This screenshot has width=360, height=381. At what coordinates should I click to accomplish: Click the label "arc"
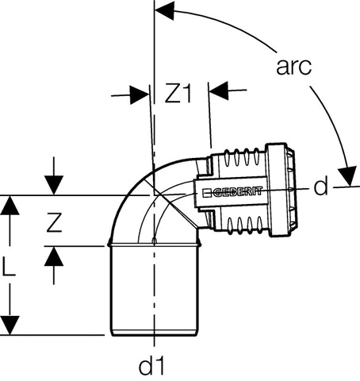click(x=293, y=67)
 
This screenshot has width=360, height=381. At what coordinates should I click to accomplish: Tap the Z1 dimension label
click(x=178, y=93)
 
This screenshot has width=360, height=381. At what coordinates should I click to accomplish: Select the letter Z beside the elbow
click(x=55, y=222)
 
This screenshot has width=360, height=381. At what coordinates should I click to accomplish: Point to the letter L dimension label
click(x=9, y=267)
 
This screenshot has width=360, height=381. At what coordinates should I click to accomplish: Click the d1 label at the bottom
click(x=151, y=366)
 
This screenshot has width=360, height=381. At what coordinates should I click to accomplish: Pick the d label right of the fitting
click(x=320, y=186)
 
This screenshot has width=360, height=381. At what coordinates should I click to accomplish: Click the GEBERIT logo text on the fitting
click(x=237, y=191)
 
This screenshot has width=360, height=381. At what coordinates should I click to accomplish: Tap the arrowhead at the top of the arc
click(x=164, y=10)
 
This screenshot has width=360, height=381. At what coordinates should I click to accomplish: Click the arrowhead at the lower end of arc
click(x=348, y=176)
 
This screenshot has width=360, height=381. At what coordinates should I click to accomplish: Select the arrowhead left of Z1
click(x=139, y=94)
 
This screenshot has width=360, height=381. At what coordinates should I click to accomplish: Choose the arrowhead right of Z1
click(x=219, y=90)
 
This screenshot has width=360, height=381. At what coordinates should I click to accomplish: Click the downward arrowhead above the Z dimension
click(x=54, y=185)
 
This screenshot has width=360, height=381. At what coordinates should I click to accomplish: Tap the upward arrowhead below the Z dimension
click(x=54, y=256)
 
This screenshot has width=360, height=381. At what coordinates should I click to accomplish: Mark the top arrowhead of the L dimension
click(x=10, y=205)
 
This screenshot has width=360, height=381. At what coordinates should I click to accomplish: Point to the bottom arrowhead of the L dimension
click(x=10, y=325)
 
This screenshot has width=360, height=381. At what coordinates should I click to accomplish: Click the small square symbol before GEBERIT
click(x=206, y=192)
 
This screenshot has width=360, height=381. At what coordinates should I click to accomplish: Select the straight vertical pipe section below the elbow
click(x=154, y=290)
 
